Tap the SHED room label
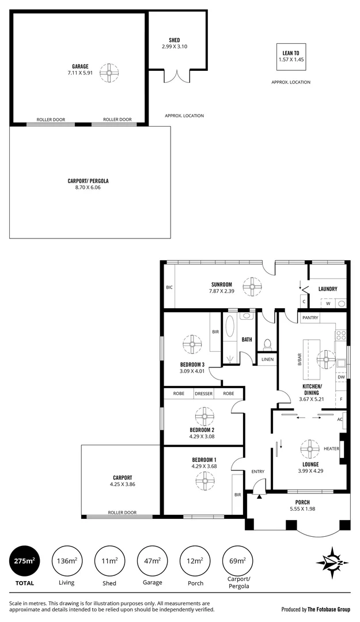[175, 40]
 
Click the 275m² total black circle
[24, 560]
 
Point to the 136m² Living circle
[67, 560]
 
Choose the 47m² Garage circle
[153, 560]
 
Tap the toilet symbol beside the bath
[266, 344]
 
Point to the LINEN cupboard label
[267, 359]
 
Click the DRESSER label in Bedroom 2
[203, 394]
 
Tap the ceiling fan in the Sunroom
[252, 286]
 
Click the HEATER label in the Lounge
[331, 449]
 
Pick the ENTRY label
[257, 472]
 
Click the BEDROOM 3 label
[192, 365]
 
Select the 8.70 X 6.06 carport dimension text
[88, 188]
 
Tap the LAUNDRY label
[327, 289]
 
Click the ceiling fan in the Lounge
[310, 448]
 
